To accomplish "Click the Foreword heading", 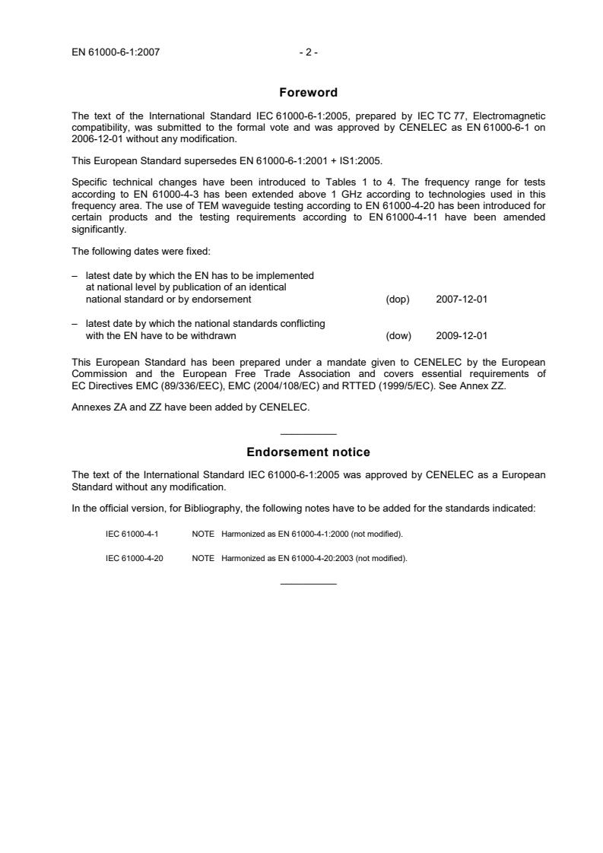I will pos(308,93).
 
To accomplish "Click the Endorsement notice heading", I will pos(308,452).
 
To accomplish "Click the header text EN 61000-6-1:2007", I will pos(116,52).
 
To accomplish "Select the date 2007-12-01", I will pos(462,300).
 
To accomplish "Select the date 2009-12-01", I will pos(462,336).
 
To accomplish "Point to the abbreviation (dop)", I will pos(398,300).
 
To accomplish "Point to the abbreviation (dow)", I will pos(398,336).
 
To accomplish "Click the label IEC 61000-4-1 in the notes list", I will pos(132,534).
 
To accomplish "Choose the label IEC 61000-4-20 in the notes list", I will pos(134,559).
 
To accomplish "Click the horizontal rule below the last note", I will pos(308,584).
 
